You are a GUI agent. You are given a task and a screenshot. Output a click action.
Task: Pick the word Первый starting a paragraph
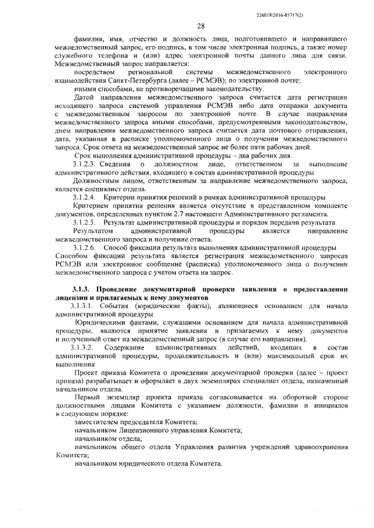tap(87, 396)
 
